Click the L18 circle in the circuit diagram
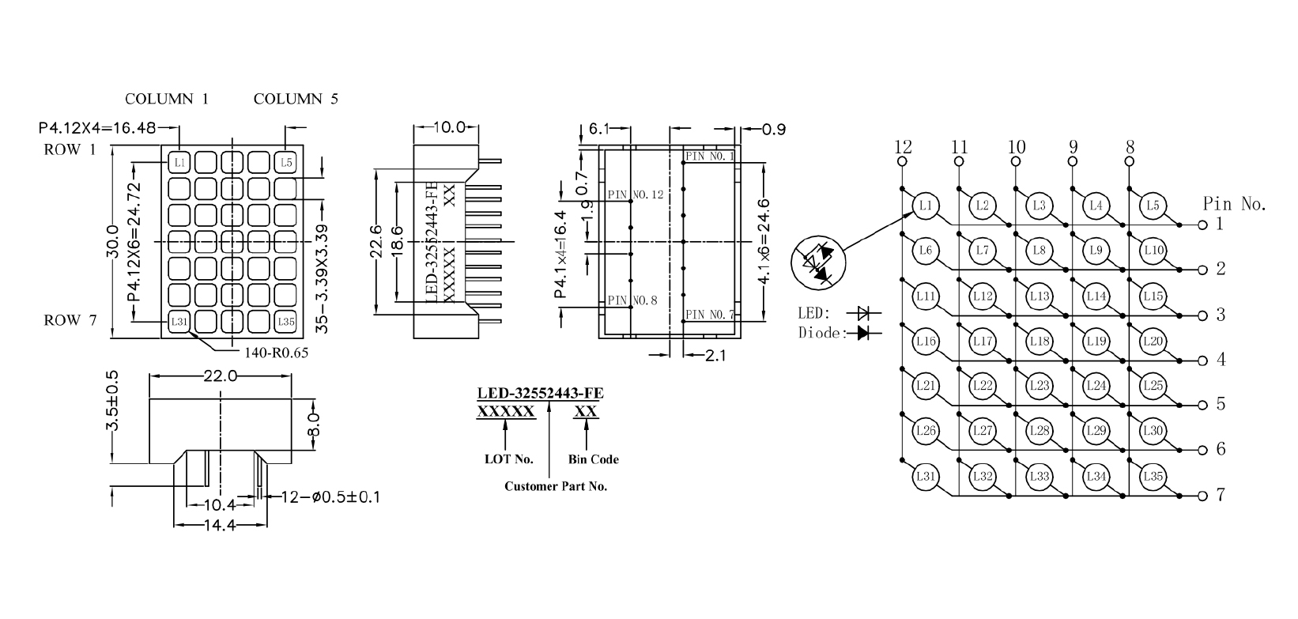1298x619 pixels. (x=1040, y=342)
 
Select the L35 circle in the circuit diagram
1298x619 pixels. (x=1153, y=476)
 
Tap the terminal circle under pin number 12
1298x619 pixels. (x=902, y=162)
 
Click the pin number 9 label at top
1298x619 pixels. (x=1073, y=146)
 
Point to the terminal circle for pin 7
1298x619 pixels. (x=1202, y=496)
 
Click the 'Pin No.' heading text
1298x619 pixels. (x=1234, y=204)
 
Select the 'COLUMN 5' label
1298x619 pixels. (x=296, y=99)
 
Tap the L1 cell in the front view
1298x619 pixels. (x=179, y=163)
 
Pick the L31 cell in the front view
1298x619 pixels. (x=179, y=322)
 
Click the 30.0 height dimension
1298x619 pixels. (x=113, y=241)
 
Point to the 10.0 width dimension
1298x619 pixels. (x=447, y=127)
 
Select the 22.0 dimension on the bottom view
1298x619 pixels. (x=220, y=376)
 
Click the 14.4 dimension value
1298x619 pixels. (x=220, y=525)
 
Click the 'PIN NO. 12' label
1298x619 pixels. (x=636, y=194)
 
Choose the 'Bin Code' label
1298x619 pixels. (x=593, y=459)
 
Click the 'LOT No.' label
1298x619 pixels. (x=508, y=459)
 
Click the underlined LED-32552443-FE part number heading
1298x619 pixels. (x=541, y=394)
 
